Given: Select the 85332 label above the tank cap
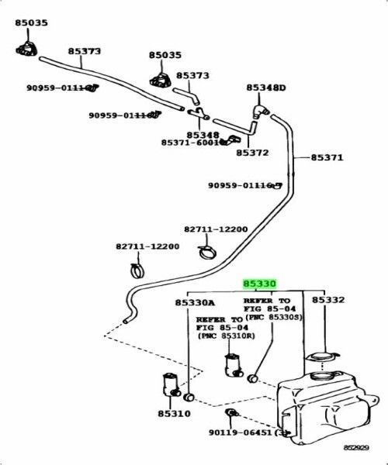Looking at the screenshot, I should [328, 301].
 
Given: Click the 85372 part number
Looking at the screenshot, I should [252, 153].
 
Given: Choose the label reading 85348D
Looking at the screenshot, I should [266, 88].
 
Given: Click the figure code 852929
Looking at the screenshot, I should [359, 448].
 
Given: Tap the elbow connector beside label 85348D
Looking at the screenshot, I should [258, 111].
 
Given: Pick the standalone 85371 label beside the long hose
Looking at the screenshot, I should [327, 157].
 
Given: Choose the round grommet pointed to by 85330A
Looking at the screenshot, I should [188, 398].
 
